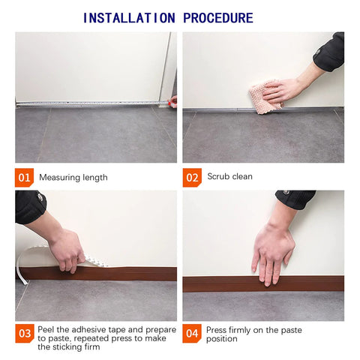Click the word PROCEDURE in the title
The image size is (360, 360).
point(217,18)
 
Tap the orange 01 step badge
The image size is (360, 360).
point(24,178)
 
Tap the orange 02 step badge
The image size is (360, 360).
point(192,178)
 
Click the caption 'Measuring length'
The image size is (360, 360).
point(73,178)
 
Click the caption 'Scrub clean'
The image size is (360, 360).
point(229,177)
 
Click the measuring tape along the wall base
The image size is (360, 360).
point(90,103)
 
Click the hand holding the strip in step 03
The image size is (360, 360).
point(67,250)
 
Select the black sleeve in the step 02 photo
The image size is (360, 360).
point(330,52)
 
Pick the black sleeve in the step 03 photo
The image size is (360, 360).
point(30,206)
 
